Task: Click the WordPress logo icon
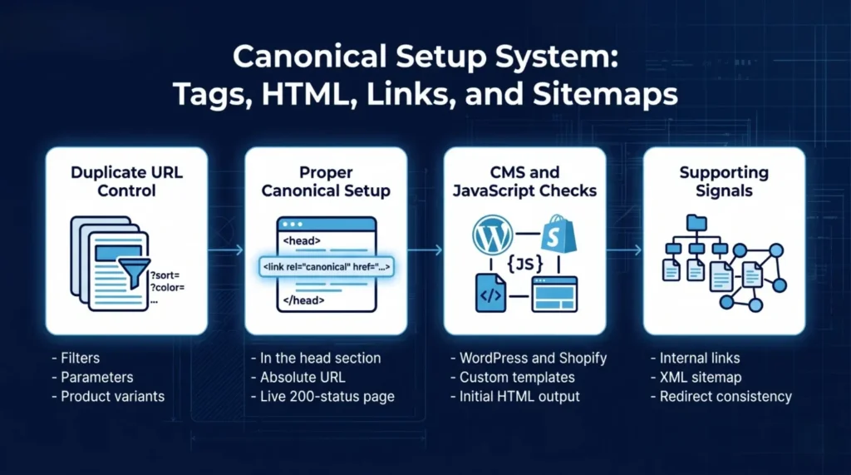coord(493,235)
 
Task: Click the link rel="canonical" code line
coord(326,266)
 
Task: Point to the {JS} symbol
coord(526,265)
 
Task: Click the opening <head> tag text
coord(303,240)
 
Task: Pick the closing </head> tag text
coord(304,299)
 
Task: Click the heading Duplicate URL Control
coord(126,181)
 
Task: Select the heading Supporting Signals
coord(724,181)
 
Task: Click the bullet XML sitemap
coord(701,377)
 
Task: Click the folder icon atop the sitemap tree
coord(696,223)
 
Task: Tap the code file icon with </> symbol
coord(491,294)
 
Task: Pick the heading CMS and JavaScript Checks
coord(524,181)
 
